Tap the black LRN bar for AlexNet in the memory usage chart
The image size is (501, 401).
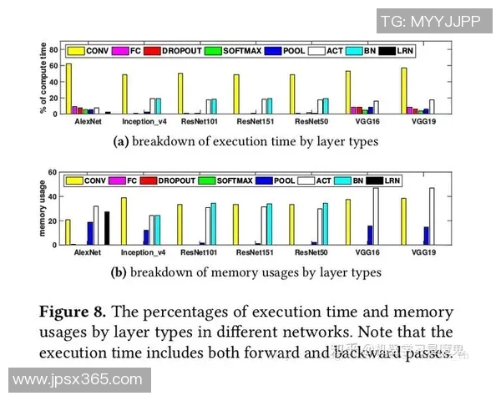tap(106, 228)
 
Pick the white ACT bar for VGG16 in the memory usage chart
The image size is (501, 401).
tap(375, 216)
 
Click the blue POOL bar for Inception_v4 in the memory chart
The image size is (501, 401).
tap(145, 237)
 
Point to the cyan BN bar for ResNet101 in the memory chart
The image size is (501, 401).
tap(213, 224)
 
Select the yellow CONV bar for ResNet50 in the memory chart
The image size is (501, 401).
tap(291, 225)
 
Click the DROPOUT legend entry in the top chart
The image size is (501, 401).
tap(175, 52)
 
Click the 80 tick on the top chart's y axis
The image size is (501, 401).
tap(53, 50)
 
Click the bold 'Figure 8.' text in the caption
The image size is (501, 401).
tap(73, 312)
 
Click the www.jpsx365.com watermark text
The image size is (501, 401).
tap(76, 381)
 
